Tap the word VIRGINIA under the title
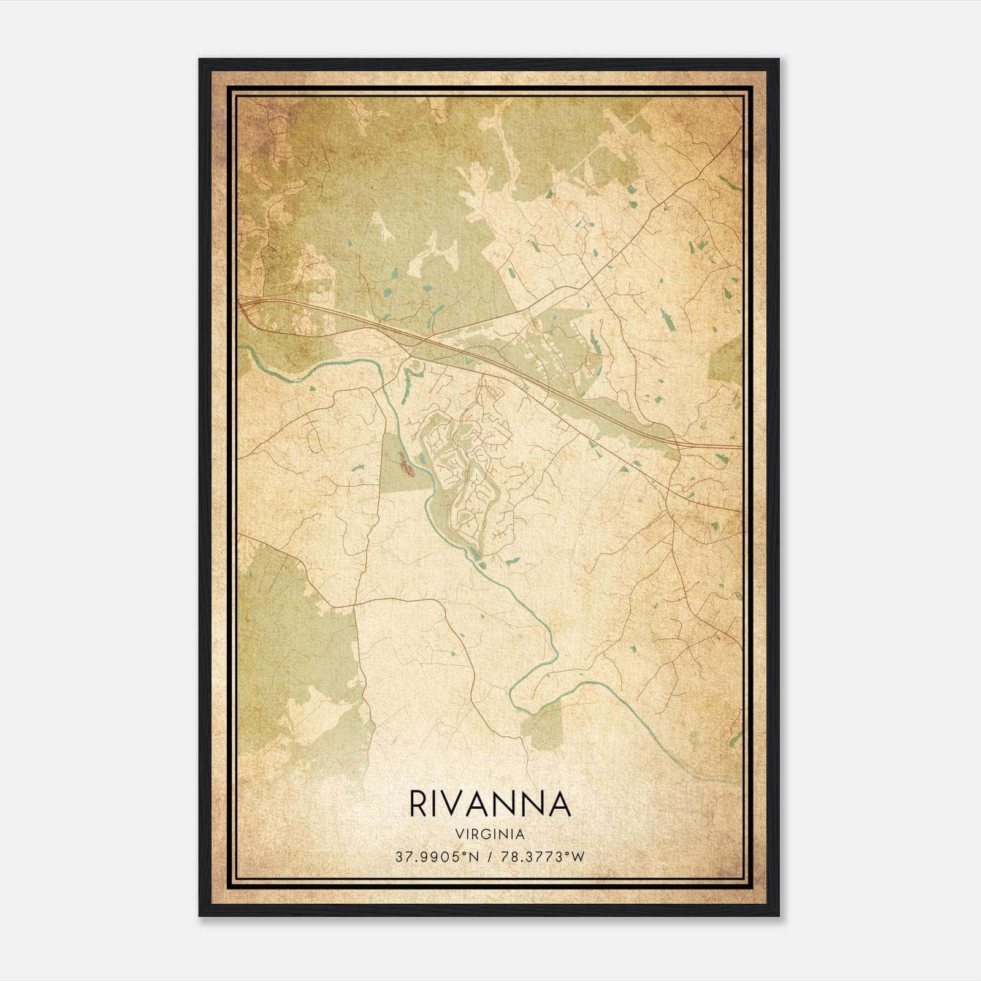pos(489,834)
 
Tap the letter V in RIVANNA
pos(460,805)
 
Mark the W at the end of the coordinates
pos(579,857)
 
